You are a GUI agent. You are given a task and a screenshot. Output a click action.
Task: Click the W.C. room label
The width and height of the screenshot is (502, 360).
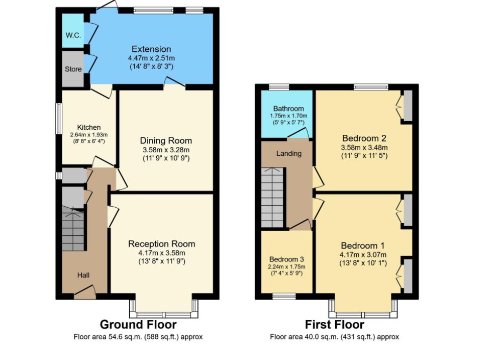pyautogui.click(x=73, y=35)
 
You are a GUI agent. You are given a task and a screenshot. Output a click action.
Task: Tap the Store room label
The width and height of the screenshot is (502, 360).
pyautogui.click(x=73, y=69)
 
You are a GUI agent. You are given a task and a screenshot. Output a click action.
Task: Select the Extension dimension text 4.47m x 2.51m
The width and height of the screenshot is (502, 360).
pyautogui.click(x=151, y=58)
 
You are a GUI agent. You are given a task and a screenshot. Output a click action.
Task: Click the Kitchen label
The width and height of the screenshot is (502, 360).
pyautogui.click(x=89, y=127)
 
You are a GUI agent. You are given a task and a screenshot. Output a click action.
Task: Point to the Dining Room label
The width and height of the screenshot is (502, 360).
pyautogui.click(x=166, y=141)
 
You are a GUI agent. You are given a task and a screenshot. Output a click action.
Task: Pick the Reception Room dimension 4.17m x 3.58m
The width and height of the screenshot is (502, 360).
pyautogui.click(x=162, y=253)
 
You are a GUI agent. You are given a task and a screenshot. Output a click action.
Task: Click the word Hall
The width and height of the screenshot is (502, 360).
pyautogui.click(x=83, y=275)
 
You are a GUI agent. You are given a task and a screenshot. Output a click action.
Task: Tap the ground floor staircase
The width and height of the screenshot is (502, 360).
pyautogui.click(x=73, y=229)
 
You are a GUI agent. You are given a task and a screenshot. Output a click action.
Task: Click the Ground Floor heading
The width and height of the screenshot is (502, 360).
pyautogui.click(x=138, y=324)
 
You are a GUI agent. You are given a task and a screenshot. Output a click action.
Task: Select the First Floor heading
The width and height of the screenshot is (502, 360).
pyautogui.click(x=335, y=324)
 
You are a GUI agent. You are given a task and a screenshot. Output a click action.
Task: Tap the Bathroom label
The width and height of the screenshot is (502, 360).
pyautogui.click(x=288, y=109)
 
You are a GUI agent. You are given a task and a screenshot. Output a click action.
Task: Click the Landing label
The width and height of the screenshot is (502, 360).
pyautogui.click(x=289, y=153)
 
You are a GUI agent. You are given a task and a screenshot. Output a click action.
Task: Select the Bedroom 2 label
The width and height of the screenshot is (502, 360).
pyautogui.click(x=364, y=138)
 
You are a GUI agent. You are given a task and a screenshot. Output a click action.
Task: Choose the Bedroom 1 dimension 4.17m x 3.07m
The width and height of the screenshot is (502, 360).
pyautogui.click(x=363, y=255)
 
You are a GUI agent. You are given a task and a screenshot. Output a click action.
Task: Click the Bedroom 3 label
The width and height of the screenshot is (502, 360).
pyautogui.click(x=286, y=259)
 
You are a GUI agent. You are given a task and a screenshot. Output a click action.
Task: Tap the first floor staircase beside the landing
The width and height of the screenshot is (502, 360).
pyautogui.click(x=272, y=197)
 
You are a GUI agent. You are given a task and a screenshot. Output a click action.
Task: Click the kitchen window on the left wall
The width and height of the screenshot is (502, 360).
pyautogui.click(x=59, y=119)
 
